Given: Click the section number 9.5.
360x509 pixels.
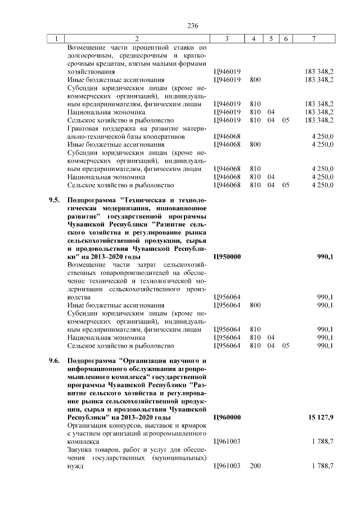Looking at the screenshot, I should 53,200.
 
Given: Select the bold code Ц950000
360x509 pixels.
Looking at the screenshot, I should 227,256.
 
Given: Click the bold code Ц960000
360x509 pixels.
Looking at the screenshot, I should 227,418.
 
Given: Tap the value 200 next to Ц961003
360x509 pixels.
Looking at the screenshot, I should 255,467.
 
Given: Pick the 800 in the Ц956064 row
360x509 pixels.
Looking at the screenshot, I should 255,305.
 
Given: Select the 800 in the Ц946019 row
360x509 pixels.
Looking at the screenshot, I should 255,80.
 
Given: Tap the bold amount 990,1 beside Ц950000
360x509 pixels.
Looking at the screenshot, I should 325,256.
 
